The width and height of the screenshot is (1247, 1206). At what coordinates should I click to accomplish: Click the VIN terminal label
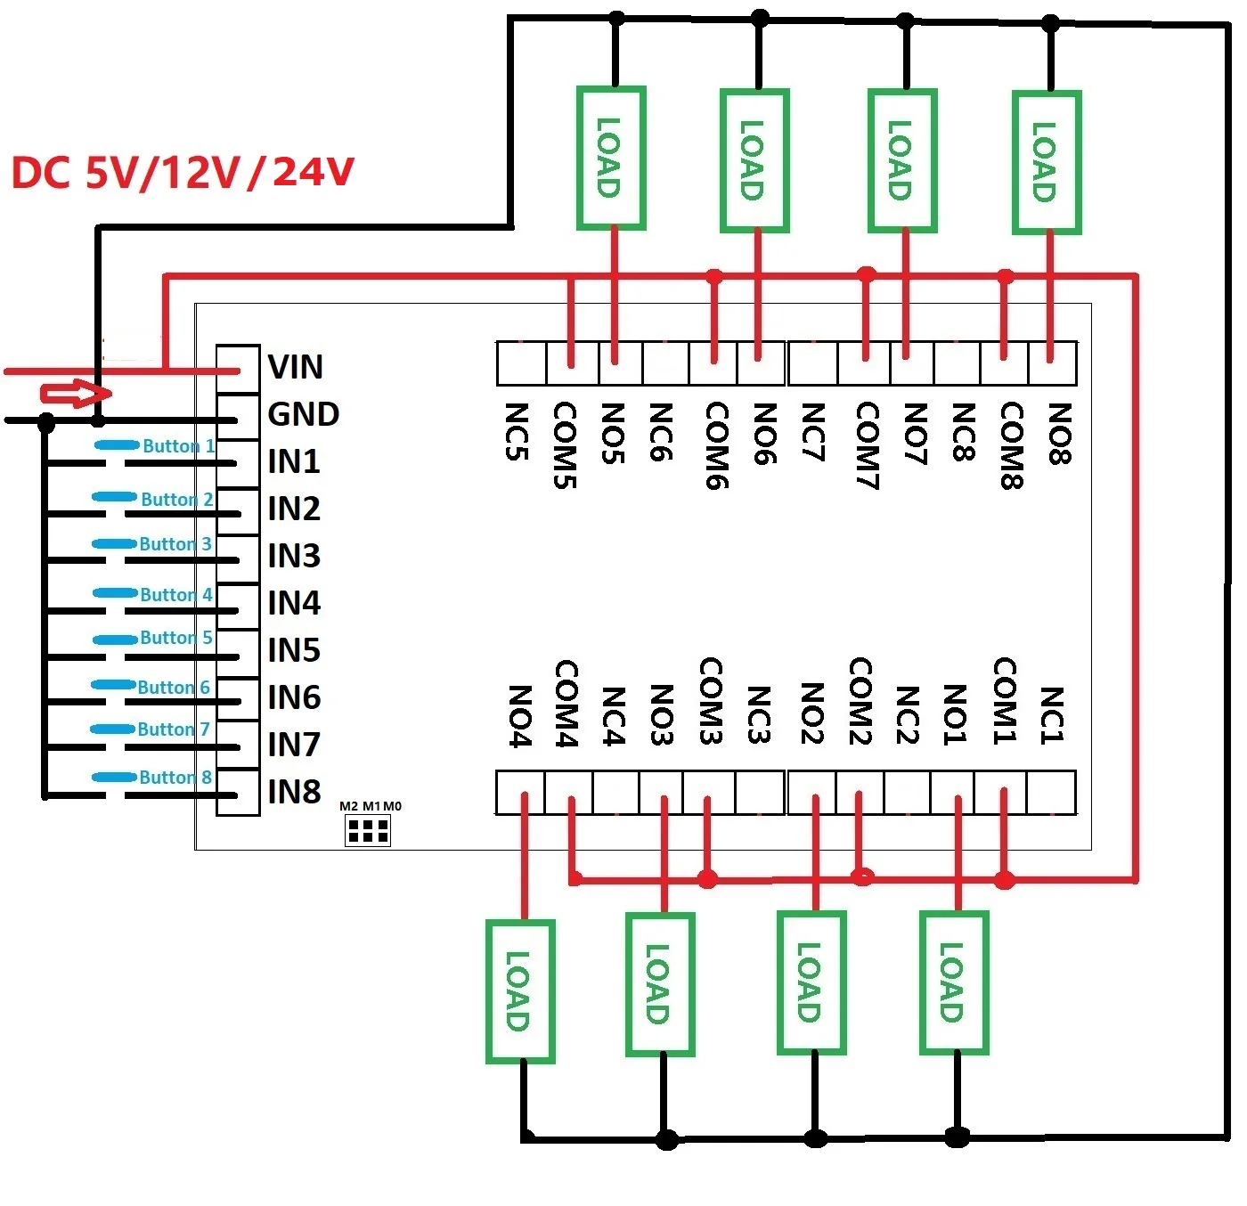click(x=296, y=367)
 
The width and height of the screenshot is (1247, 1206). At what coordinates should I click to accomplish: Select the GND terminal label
click(x=303, y=414)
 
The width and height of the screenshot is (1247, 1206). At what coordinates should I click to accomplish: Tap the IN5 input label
click(x=293, y=650)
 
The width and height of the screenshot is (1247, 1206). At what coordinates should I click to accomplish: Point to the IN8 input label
click(x=293, y=792)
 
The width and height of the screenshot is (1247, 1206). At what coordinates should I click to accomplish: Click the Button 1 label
click(x=178, y=446)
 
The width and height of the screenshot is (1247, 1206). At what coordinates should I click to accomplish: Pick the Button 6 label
click(x=174, y=688)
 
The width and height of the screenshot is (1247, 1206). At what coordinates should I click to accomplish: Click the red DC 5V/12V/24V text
click(x=183, y=173)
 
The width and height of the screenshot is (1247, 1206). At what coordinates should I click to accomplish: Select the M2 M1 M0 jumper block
click(x=367, y=830)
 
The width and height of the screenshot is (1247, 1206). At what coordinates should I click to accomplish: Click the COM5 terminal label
click(x=565, y=445)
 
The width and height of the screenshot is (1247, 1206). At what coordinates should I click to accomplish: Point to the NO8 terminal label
click(x=1060, y=434)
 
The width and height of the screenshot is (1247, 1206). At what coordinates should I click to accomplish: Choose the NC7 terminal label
click(x=813, y=432)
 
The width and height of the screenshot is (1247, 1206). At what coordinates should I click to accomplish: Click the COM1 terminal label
click(x=1005, y=701)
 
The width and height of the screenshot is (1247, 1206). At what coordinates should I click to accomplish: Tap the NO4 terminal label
click(x=519, y=716)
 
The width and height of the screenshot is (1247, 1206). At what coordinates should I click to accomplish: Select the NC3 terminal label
click(x=760, y=714)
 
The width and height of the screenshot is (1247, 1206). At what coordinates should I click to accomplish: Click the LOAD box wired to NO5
click(x=611, y=158)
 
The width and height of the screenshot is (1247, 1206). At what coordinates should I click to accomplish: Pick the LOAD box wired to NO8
click(x=1047, y=162)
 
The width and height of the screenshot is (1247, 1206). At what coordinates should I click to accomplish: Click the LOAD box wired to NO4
click(x=519, y=991)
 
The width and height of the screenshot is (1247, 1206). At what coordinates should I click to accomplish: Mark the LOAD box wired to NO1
click(x=954, y=982)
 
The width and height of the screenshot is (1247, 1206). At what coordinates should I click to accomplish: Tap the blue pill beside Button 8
click(x=115, y=778)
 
